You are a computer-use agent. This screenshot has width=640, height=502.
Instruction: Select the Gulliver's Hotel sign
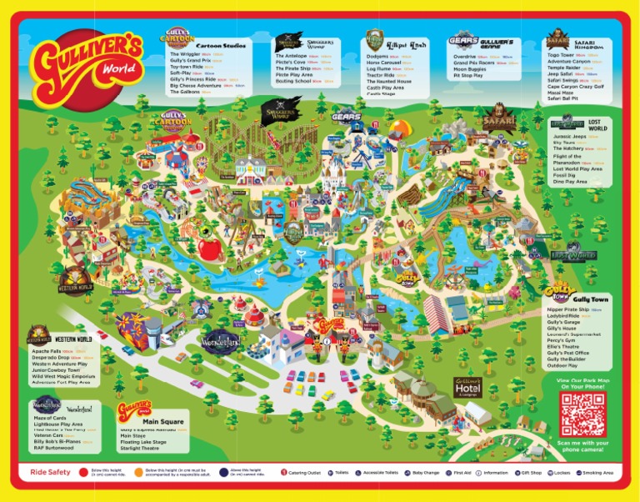pos(468,386)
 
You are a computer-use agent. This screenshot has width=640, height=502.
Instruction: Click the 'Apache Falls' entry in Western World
pos(47,352)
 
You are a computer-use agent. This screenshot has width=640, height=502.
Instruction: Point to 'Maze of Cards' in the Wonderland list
pos(47,417)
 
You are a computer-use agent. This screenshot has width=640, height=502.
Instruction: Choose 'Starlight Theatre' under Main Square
pos(141,448)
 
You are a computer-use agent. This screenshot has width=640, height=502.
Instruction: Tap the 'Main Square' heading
pos(162,422)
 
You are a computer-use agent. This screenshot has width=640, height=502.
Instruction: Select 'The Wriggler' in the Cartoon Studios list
pos(185,54)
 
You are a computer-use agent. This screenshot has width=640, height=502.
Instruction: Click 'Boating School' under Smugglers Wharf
pos(293,81)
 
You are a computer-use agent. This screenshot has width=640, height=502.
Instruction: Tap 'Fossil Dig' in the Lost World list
pos(567,174)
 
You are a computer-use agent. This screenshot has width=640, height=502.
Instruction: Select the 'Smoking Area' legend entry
pos(597,472)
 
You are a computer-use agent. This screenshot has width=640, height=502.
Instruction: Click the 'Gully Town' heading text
pos(589,299)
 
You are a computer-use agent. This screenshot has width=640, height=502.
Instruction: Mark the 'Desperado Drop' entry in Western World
pos(50,358)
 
